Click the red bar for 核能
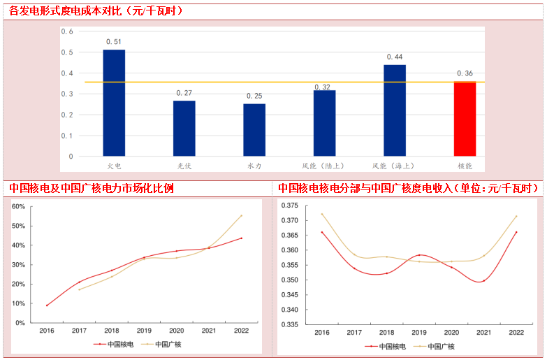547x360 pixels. coord(465,118)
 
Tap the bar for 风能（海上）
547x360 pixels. coord(395,110)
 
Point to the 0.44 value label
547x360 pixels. coord(395,57)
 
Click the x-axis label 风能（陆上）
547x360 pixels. coord(324,166)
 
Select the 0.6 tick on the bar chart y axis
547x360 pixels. coord(67,31)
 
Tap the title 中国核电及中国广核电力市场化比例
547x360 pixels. coord(92,188)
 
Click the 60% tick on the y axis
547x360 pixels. coord(18,206)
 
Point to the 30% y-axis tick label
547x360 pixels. coord(18,265)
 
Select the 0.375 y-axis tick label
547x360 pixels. coord(289,206)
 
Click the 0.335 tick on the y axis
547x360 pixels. coord(289,324)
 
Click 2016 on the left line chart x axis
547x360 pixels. coord(47,331)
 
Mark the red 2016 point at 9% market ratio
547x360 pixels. coord(47,305)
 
